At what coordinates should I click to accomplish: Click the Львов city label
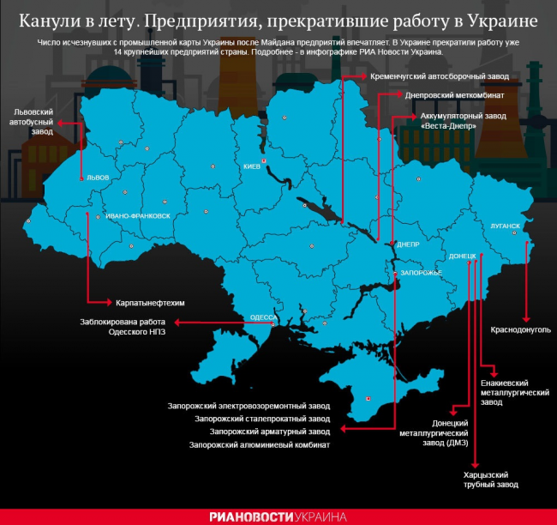click(98, 178)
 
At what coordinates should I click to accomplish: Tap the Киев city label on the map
click(251, 166)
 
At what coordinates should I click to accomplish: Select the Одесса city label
click(261, 317)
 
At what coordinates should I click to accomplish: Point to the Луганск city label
click(506, 226)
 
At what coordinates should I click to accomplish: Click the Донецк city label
click(462, 256)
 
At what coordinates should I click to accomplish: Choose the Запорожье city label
click(420, 272)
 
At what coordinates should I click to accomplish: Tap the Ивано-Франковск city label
click(138, 216)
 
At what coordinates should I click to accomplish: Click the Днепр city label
click(408, 244)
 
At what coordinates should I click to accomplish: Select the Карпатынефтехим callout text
click(151, 303)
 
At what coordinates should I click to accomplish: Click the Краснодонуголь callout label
click(521, 329)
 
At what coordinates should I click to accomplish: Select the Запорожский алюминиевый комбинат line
click(260, 445)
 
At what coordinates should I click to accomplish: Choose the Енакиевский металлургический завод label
click(514, 392)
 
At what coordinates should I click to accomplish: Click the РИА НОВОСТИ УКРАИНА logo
click(278, 516)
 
